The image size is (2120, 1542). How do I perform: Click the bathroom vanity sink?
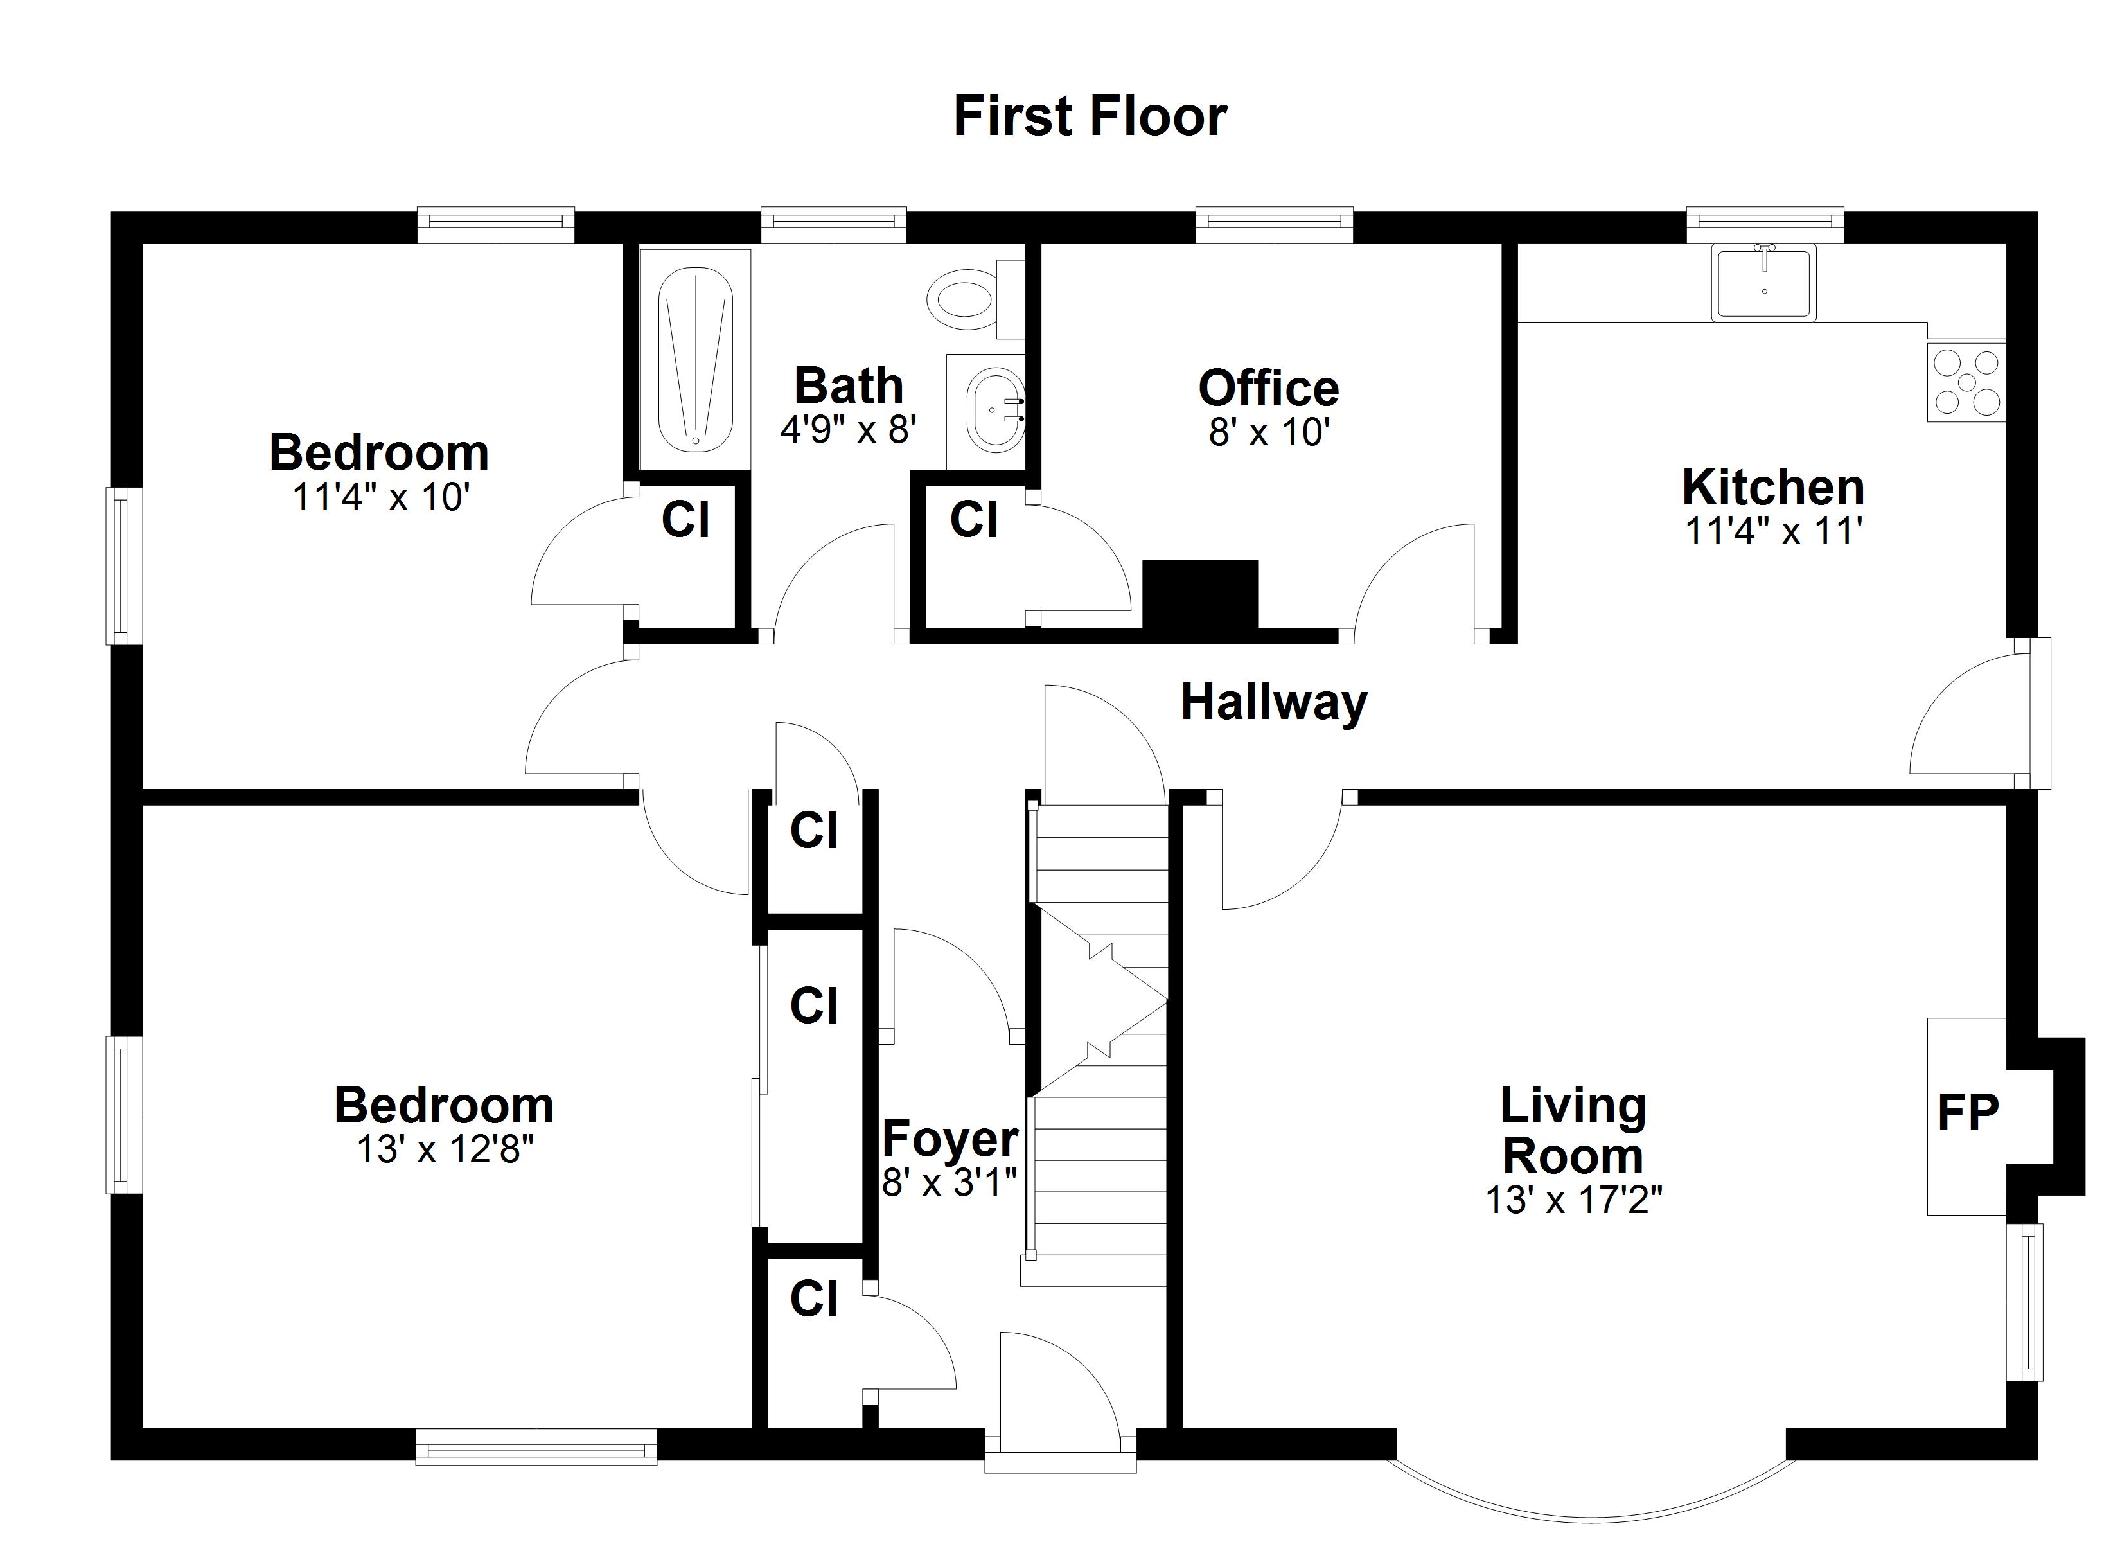pyautogui.click(x=993, y=409)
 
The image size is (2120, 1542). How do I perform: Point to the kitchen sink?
pyautogui.click(x=1763, y=283)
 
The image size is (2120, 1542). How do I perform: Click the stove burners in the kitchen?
pyautogui.click(x=1966, y=382)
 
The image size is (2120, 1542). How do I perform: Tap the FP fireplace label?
pyautogui.click(x=1968, y=1113)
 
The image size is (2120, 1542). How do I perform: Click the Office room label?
pyautogui.click(x=1268, y=388)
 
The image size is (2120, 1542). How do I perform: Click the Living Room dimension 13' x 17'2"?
pyautogui.click(x=1573, y=1200)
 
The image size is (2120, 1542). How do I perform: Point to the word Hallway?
pyautogui.click(x=1273, y=702)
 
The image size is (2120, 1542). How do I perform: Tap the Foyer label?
pyautogui.click(x=950, y=1138)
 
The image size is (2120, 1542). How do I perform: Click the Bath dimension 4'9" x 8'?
pyautogui.click(x=848, y=429)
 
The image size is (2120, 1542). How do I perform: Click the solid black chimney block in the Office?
pyautogui.click(x=1200, y=595)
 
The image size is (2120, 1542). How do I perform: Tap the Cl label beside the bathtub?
pyautogui.click(x=685, y=519)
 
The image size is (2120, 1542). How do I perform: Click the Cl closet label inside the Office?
pyautogui.click(x=973, y=519)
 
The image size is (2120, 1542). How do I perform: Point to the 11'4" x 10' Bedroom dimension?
pyautogui.click(x=380, y=497)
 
